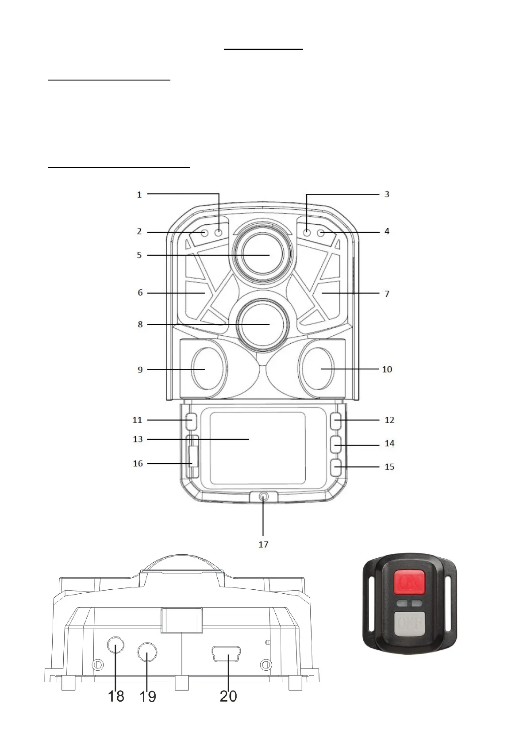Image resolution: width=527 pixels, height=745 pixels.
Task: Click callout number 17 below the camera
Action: click(x=263, y=544)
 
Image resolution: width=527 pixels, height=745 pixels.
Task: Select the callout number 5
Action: click(x=139, y=255)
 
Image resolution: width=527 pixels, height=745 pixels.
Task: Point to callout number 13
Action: click(x=138, y=439)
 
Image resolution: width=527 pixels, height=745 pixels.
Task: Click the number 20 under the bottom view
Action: click(x=228, y=696)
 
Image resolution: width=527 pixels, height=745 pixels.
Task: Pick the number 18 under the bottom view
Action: click(x=116, y=696)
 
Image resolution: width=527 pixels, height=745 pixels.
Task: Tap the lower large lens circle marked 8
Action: click(x=263, y=324)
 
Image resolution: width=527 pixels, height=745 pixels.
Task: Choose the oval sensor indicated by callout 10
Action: click(x=317, y=368)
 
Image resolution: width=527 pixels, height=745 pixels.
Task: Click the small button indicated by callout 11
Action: click(x=191, y=421)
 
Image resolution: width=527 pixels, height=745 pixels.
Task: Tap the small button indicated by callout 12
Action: click(x=336, y=421)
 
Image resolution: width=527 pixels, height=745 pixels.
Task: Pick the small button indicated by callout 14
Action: click(x=336, y=444)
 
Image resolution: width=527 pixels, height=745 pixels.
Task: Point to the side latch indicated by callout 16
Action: click(x=193, y=456)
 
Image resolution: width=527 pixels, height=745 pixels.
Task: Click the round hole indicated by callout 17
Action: click(x=263, y=497)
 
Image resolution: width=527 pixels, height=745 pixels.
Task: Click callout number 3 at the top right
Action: click(x=387, y=194)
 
